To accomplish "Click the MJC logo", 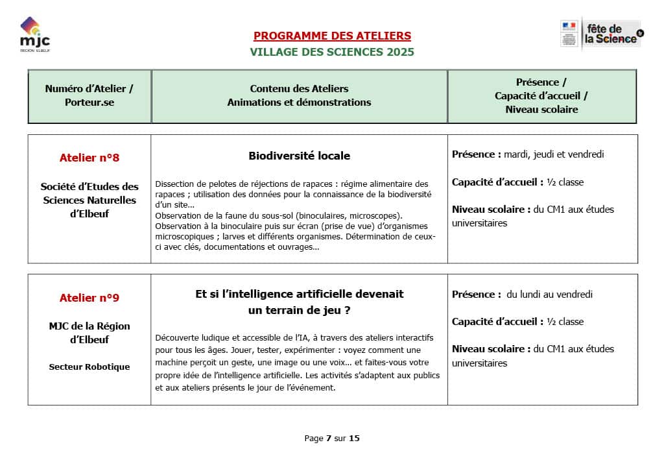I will (x=31, y=35).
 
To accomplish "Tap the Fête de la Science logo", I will (x=601, y=34).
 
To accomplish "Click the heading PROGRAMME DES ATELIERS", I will (x=332, y=36).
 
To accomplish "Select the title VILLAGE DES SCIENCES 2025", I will (x=332, y=52).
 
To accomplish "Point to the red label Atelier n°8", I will (x=89, y=158).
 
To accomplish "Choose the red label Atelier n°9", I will (x=89, y=298).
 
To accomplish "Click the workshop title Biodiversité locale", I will (x=299, y=156).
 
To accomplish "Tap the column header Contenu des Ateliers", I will (x=299, y=88).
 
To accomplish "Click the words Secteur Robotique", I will (x=89, y=367).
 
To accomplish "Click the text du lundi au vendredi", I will (x=550, y=294).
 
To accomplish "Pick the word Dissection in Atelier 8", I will (x=174, y=184).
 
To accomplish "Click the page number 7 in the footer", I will (x=329, y=438).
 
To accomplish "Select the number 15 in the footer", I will (x=354, y=438).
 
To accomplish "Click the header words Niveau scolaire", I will (x=541, y=110).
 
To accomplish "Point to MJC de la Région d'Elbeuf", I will (x=89, y=333).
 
